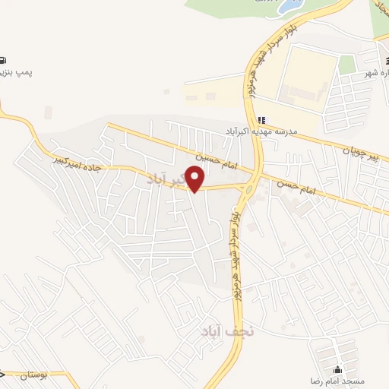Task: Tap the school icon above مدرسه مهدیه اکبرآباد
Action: point(261,119)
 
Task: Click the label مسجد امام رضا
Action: point(337,378)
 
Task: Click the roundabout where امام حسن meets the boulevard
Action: point(250,186)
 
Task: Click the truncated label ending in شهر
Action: point(377,73)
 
